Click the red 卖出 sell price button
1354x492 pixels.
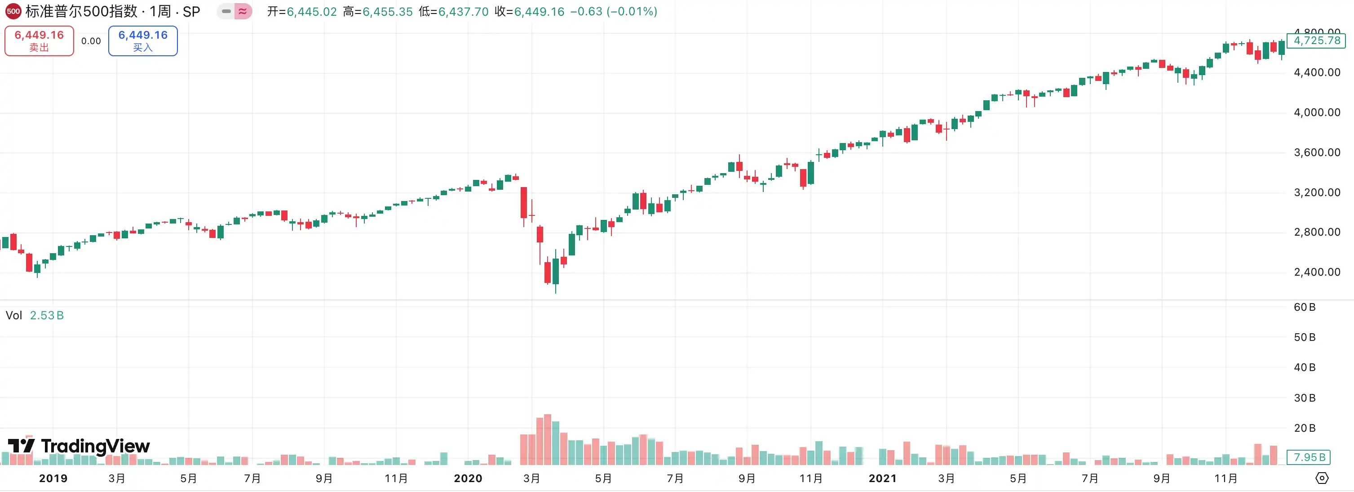[39, 40]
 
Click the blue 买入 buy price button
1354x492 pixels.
[143, 40]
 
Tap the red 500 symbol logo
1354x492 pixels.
[13, 11]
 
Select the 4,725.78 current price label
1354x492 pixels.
[1317, 40]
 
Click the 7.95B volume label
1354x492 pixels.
[1309, 457]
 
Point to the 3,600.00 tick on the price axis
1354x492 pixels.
[1317, 152]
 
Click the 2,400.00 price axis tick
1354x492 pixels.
[1317, 272]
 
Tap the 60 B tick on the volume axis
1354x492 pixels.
[1305, 307]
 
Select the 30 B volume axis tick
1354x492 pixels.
[1305, 398]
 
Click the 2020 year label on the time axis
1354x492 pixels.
[468, 479]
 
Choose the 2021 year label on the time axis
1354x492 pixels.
[882, 479]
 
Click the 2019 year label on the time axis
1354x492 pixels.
[53, 479]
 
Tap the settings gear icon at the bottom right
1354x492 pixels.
[1321, 479]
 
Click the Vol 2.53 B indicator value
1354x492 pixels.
[46, 315]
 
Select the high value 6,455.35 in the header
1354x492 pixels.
[387, 12]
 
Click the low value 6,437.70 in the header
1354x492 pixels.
[463, 12]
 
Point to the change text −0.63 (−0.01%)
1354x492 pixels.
[613, 12]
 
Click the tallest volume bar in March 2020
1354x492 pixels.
[548, 439]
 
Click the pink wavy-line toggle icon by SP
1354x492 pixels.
[242, 11]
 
